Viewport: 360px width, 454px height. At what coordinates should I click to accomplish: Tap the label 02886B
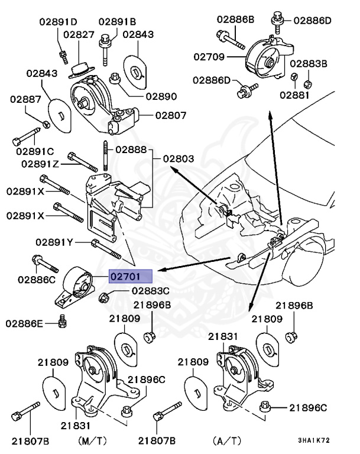click(x=236, y=19)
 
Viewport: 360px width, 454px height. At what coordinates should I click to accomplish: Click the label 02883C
click(x=151, y=290)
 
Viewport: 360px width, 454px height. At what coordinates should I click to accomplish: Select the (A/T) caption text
click(x=227, y=440)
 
